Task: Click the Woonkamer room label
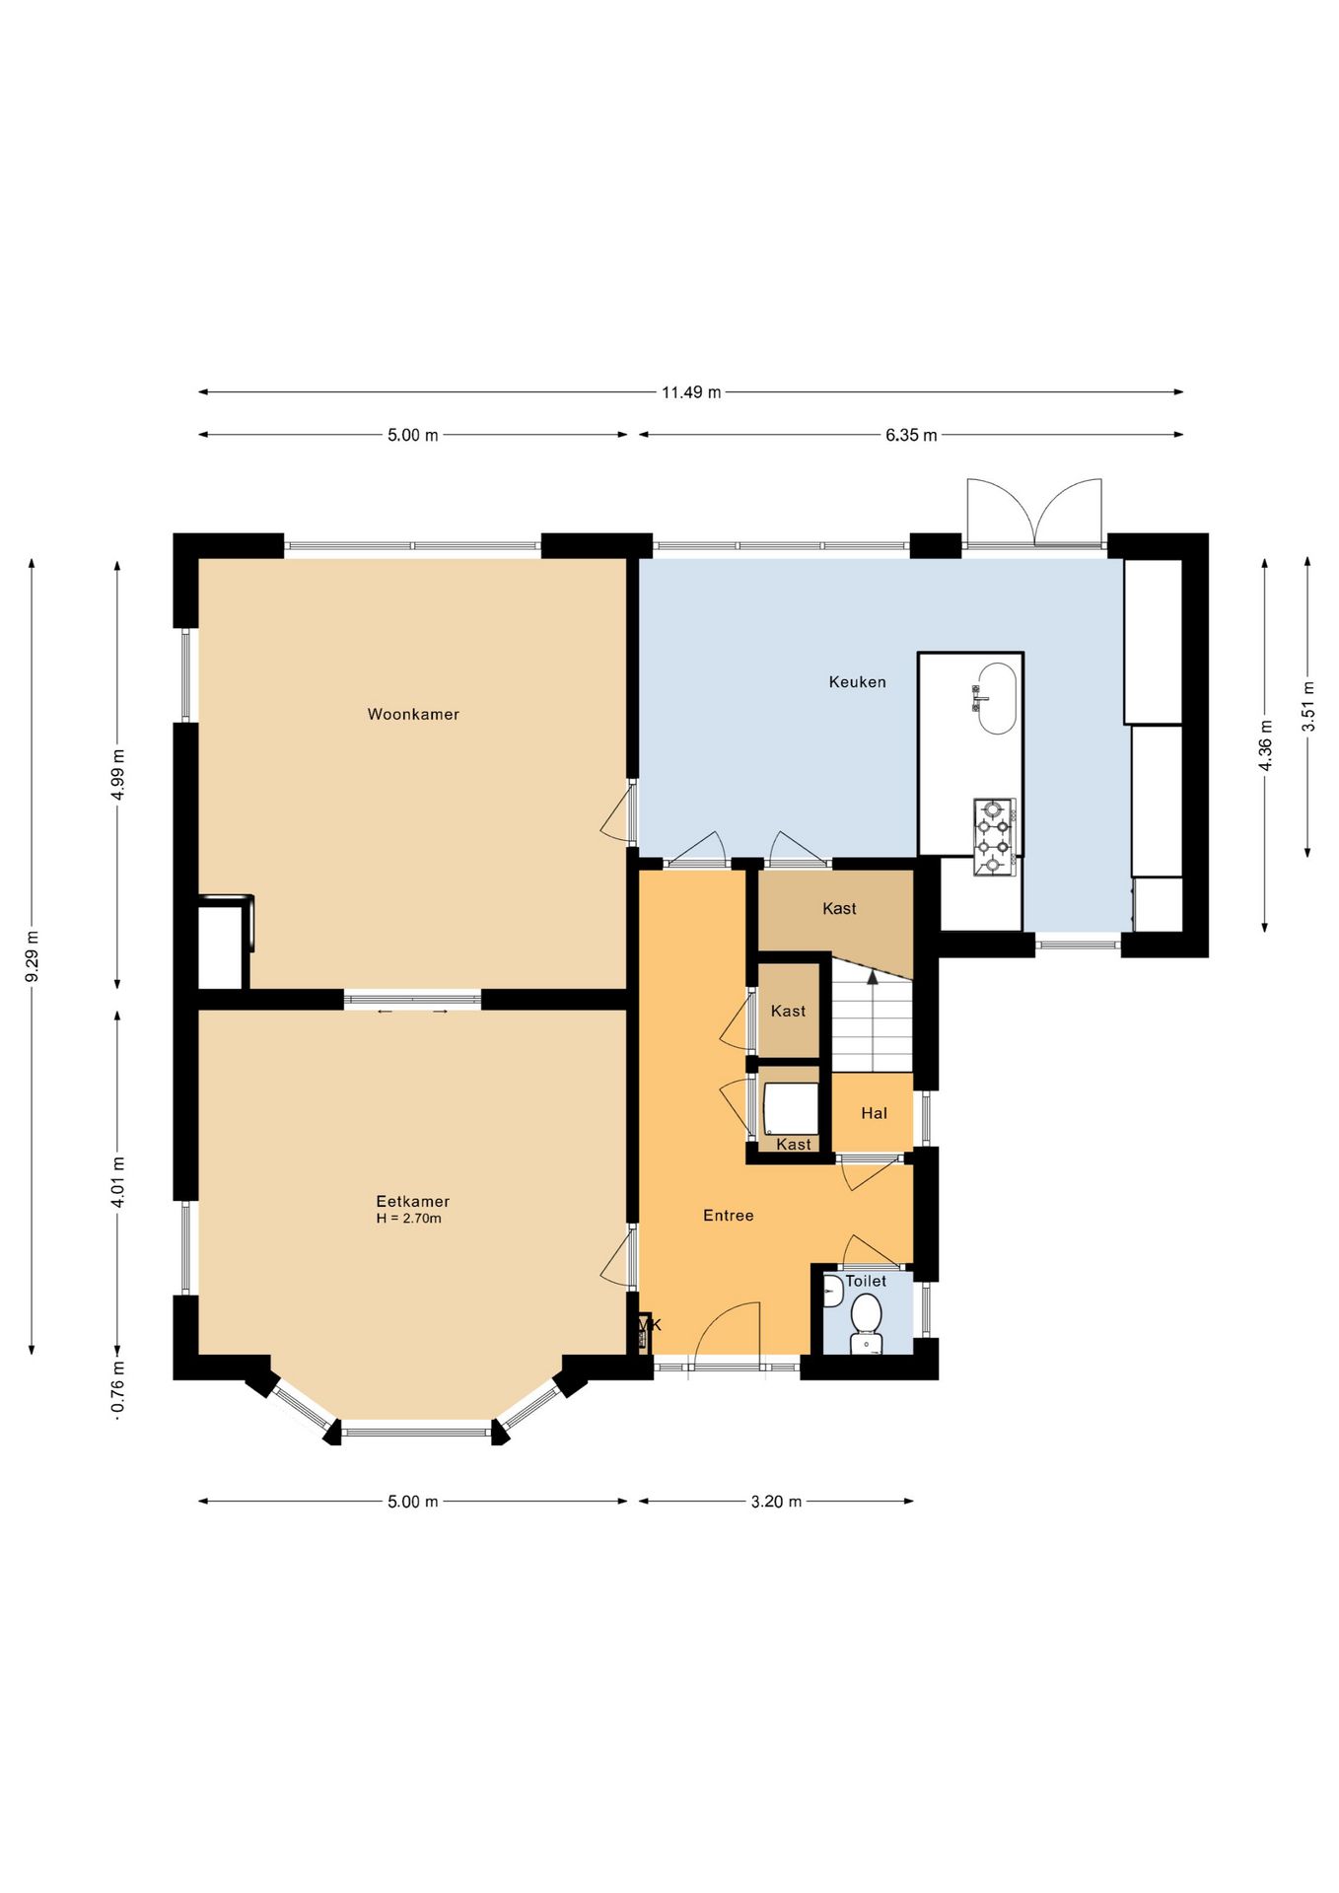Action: tap(413, 714)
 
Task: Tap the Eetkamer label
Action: tap(412, 1201)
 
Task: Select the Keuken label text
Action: tap(857, 681)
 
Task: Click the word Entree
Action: tap(728, 1216)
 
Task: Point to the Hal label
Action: tap(874, 1113)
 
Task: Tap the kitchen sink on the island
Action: tap(996, 698)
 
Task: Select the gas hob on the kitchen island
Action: tap(994, 836)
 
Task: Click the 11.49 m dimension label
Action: tap(690, 392)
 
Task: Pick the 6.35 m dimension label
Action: tap(911, 435)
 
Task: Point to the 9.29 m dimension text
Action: tap(32, 955)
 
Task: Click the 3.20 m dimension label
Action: tap(776, 1502)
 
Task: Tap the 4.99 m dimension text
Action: tap(117, 775)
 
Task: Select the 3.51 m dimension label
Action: tap(1307, 706)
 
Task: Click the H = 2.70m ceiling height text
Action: tap(408, 1219)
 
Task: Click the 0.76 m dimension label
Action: tap(117, 1386)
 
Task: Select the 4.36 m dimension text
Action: tap(1265, 745)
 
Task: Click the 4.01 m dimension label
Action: tap(117, 1181)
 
